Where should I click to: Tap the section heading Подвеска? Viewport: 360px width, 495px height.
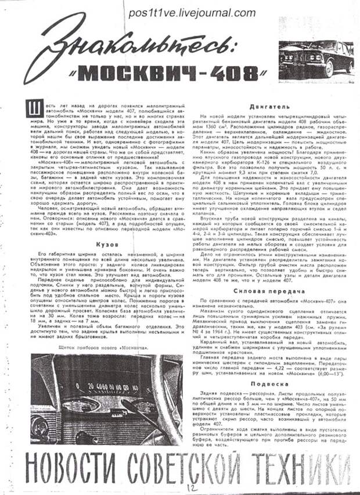coord(266,383)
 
